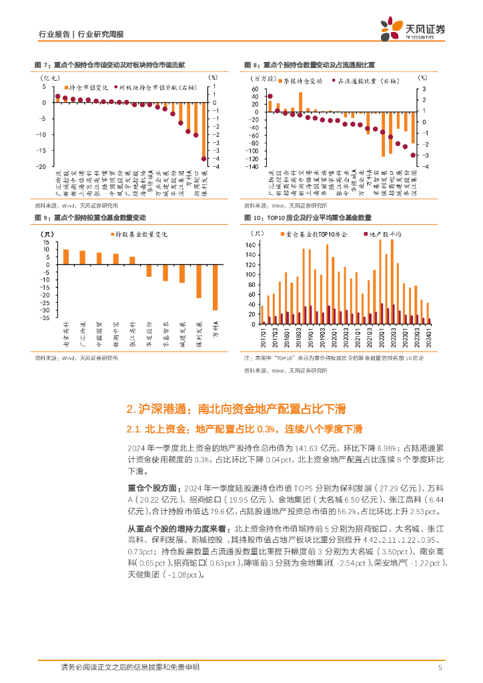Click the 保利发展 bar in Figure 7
pyautogui.click(x=204, y=130)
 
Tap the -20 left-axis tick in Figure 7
pyautogui.click(x=42, y=166)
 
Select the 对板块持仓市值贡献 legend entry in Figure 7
pyautogui.click(x=151, y=87)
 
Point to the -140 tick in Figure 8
pyautogui.click(x=252, y=167)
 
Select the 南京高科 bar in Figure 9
pyautogui.click(x=66, y=257)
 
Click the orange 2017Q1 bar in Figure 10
pyautogui.click(x=262, y=314)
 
